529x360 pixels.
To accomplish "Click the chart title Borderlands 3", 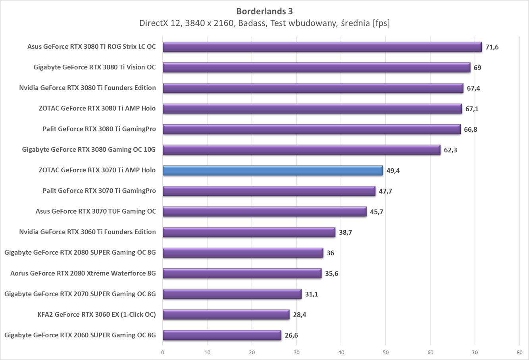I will (x=264, y=11).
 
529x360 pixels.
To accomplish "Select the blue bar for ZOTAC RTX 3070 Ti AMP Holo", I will (x=273, y=170).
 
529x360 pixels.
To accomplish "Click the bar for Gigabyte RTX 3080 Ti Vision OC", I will (x=316, y=67).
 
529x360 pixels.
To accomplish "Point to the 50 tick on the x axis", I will (x=386, y=352).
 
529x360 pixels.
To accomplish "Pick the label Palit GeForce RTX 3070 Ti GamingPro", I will (x=99, y=191).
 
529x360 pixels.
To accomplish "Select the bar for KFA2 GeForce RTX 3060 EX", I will (x=226, y=315).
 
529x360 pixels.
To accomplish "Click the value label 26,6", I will (x=291, y=335).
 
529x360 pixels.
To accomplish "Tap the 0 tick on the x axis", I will (x=163, y=352).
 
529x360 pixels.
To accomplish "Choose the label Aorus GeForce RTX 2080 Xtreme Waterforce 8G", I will (x=83, y=273).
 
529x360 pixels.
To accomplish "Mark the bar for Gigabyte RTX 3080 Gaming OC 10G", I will (x=301, y=150).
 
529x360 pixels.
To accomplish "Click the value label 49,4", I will (x=393, y=171).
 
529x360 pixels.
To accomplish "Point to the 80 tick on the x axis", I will (x=519, y=352).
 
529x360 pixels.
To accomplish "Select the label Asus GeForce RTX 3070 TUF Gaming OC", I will (x=96, y=212).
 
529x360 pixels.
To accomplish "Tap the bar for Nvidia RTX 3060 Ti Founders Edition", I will (x=249, y=232).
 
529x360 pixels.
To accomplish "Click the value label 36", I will (x=330, y=253).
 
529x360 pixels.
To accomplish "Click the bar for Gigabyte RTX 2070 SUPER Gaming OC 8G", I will (x=232, y=294).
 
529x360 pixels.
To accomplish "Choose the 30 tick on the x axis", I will (x=296, y=352).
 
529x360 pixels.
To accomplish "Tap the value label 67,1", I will (x=472, y=109).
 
